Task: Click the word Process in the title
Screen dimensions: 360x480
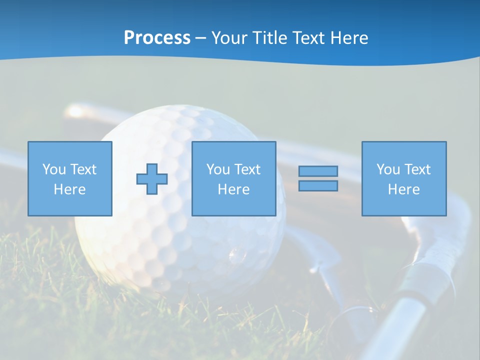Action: coord(157,38)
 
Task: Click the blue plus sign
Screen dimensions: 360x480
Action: coord(152,179)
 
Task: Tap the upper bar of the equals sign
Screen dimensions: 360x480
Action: coord(318,171)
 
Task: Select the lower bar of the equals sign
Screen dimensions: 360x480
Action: coord(318,185)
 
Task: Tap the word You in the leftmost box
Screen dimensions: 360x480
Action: coord(53,169)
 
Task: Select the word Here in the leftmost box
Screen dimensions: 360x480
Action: coord(70,189)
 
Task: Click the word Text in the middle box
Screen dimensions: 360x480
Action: coord(247,169)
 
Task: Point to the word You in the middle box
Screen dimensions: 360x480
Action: coord(218,169)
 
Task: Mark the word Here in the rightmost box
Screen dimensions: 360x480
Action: coord(404,189)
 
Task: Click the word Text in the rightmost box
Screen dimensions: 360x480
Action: coord(417,169)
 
